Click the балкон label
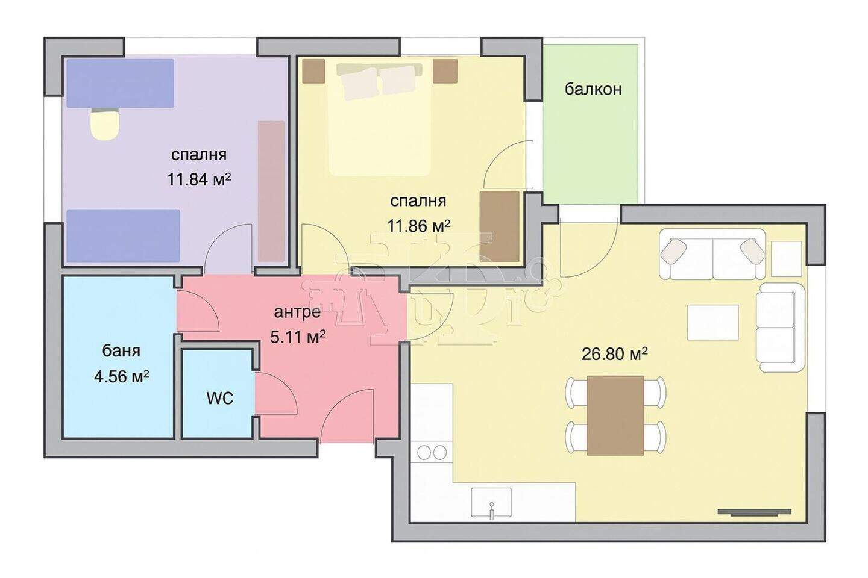[x=593, y=90]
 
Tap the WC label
[x=219, y=398]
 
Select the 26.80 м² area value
[x=615, y=353]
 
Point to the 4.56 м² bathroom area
[x=122, y=376]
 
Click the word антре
[x=297, y=312]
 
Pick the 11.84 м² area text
[x=199, y=179]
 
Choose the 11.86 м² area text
[x=419, y=225]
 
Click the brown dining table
[x=615, y=415]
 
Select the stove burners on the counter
[x=432, y=452]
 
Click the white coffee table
[x=713, y=322]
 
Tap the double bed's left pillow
[x=359, y=83]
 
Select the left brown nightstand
[x=313, y=71]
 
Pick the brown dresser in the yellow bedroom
[x=499, y=227]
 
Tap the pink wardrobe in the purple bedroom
[x=271, y=191]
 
